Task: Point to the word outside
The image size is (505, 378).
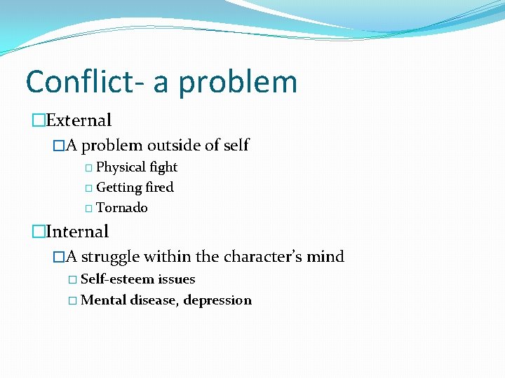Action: [x=174, y=146]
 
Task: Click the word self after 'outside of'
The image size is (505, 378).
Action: [x=236, y=146]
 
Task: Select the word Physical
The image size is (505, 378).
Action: [x=120, y=167]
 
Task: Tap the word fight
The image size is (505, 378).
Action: [x=163, y=167]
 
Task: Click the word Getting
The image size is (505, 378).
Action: [x=119, y=188]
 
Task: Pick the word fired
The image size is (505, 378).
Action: [x=159, y=188]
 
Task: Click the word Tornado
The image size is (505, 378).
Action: [x=122, y=208]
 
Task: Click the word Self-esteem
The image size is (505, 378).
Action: [x=117, y=279]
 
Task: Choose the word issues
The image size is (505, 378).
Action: [x=177, y=279]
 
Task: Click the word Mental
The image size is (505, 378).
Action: [x=103, y=300]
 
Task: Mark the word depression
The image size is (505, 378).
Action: [x=217, y=300]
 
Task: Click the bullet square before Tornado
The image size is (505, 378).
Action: [x=88, y=209]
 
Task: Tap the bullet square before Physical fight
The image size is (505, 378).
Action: [x=88, y=168]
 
